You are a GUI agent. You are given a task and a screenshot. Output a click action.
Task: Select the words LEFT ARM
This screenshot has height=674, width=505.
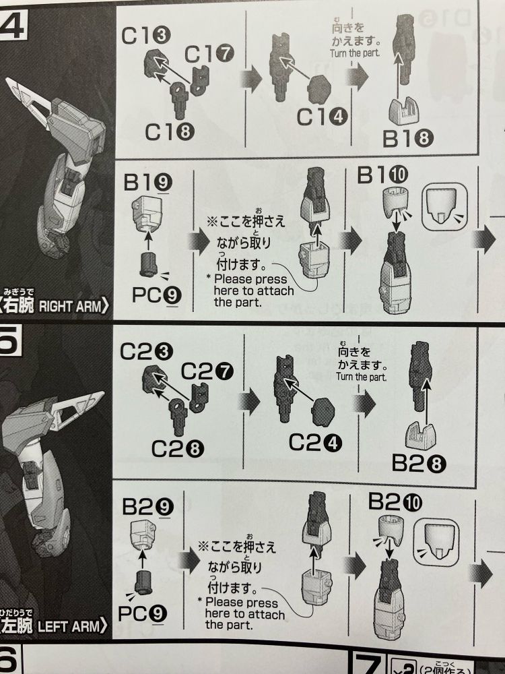tap(75, 626)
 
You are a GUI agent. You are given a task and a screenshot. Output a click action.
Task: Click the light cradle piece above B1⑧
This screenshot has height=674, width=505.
tap(411, 110)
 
